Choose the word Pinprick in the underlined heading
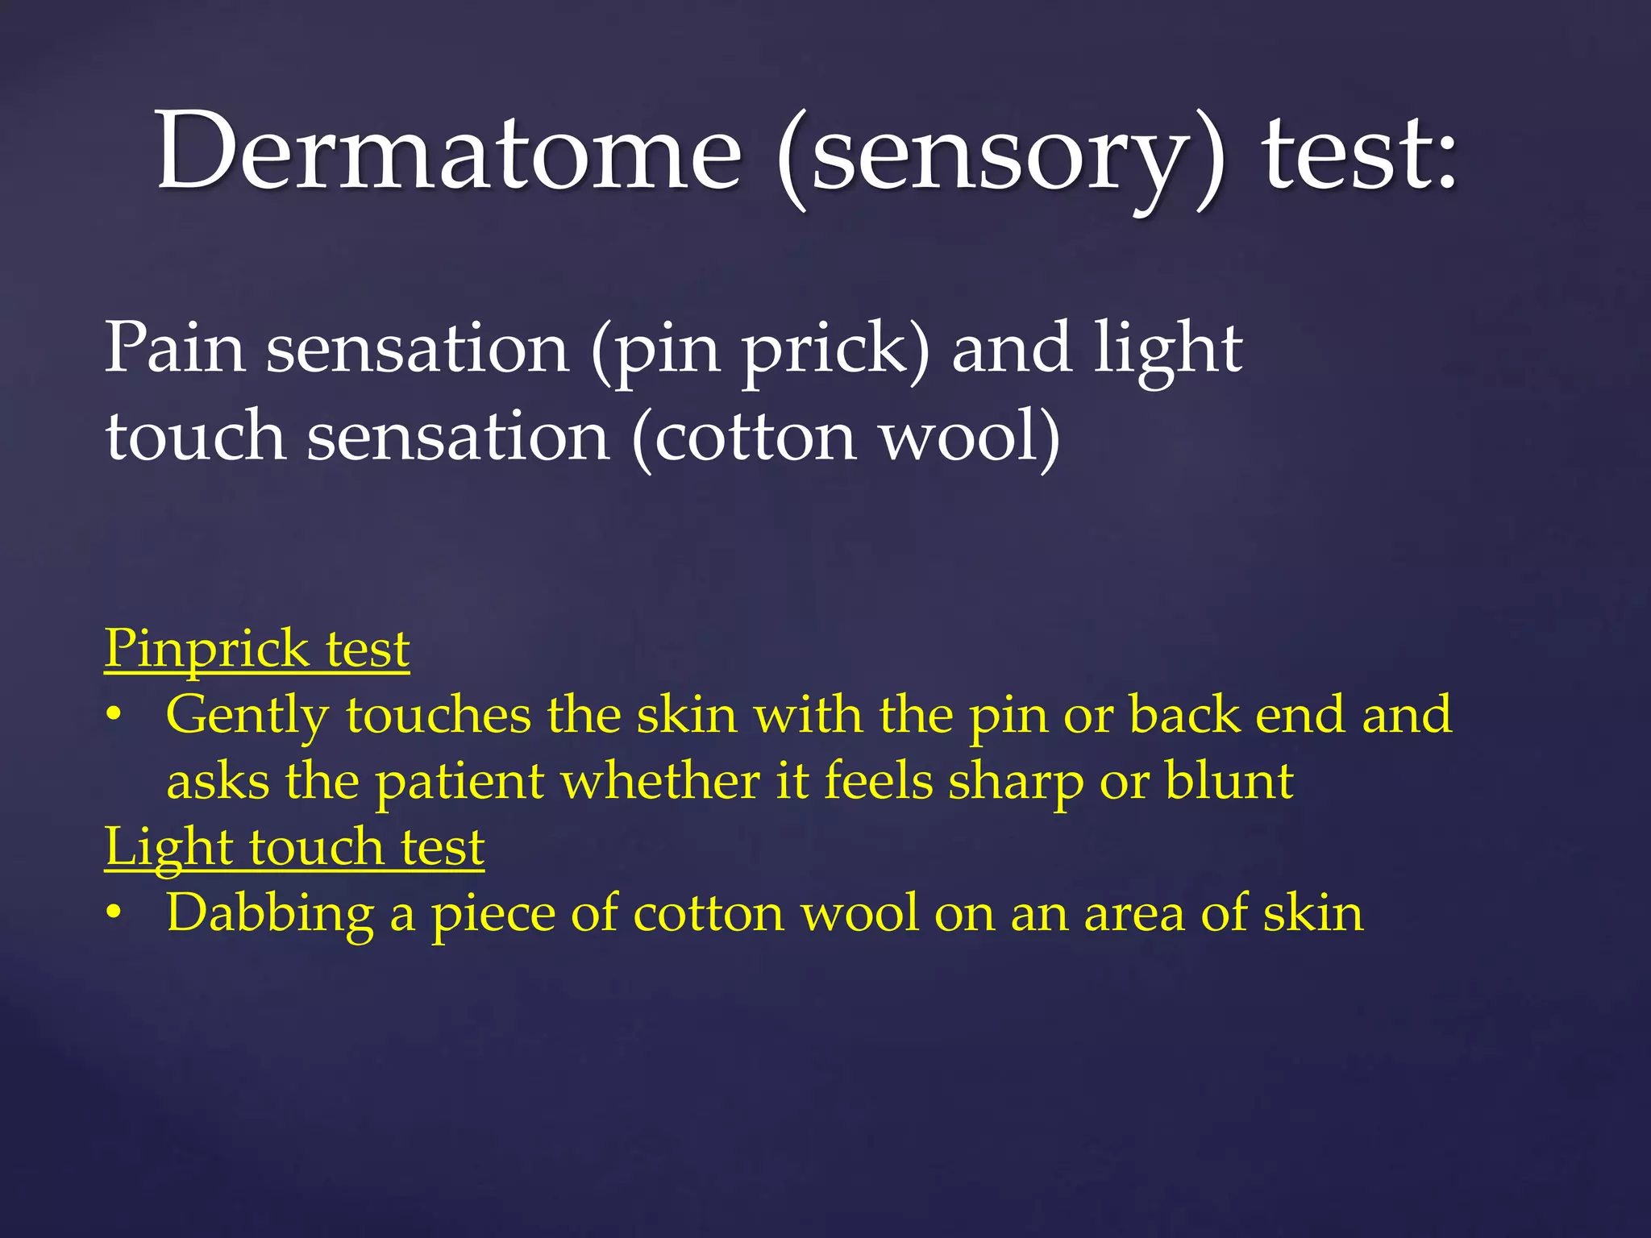point(206,650)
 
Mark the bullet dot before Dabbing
point(114,914)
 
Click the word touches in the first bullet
point(439,716)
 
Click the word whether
point(660,781)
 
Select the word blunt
point(1229,781)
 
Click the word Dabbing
point(270,916)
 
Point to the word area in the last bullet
point(1133,916)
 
